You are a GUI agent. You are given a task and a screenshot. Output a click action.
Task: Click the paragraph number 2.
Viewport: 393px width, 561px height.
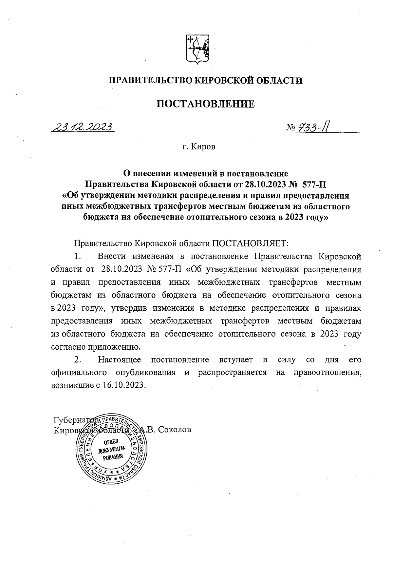77,360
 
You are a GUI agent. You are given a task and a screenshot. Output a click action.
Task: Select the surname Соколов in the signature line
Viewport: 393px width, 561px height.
175,430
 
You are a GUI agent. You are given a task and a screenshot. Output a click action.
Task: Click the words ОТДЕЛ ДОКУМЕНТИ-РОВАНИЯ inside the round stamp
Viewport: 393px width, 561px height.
109,450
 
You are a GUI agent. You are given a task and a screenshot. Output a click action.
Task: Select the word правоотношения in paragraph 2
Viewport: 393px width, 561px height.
327,373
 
